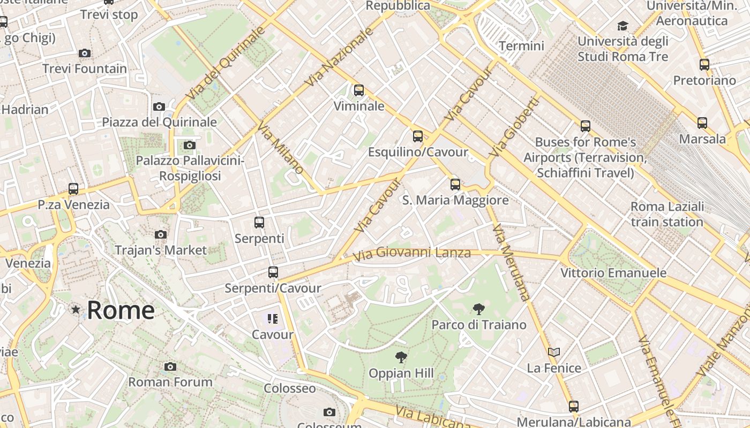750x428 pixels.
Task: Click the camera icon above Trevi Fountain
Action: point(85,53)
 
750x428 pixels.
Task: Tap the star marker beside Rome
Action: point(76,309)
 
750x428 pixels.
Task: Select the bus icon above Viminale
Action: point(359,90)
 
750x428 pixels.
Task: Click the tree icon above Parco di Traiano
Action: point(479,309)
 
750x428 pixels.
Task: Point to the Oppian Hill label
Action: point(401,373)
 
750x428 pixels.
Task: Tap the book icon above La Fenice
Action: point(554,352)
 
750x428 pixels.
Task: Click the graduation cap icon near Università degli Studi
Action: point(622,26)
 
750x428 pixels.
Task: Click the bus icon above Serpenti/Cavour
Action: point(273,272)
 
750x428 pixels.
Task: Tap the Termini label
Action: point(521,46)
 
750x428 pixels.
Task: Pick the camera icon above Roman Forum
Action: point(170,366)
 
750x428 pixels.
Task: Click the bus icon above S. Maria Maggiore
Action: point(455,185)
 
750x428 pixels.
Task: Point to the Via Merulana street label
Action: point(511,262)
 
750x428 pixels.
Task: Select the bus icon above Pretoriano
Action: point(704,65)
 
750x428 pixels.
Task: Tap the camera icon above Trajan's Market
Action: point(160,234)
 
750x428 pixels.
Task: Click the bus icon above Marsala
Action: point(702,123)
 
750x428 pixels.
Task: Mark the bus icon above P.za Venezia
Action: point(73,189)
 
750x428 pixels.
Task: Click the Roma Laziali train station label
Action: point(667,214)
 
